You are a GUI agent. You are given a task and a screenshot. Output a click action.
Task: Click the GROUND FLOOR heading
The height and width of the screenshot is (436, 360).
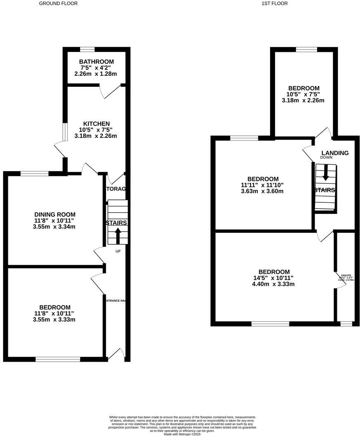pyautogui.click(x=58, y=3)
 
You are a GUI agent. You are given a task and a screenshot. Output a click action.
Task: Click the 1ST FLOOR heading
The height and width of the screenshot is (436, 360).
pyautogui.click(x=275, y=3)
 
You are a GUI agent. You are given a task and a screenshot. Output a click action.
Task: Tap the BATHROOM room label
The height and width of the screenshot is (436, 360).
pyautogui.click(x=96, y=62)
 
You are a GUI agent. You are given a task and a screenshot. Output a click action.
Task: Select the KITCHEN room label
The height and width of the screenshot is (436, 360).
pyautogui.click(x=96, y=124)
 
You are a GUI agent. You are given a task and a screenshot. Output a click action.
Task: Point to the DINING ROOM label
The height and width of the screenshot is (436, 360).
pyautogui.click(x=54, y=214)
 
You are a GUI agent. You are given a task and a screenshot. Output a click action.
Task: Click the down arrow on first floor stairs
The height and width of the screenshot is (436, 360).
pyautogui.click(x=325, y=173)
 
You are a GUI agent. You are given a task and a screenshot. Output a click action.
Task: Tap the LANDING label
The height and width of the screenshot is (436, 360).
pyautogui.click(x=335, y=153)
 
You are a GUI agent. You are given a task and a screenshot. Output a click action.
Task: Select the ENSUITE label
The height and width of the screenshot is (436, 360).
pyautogui.click(x=346, y=275)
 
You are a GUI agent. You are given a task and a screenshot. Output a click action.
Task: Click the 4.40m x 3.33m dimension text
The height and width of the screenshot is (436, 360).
pyautogui.click(x=273, y=284)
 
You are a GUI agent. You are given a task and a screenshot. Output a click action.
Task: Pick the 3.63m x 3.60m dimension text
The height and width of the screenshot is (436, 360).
pyautogui.click(x=262, y=191)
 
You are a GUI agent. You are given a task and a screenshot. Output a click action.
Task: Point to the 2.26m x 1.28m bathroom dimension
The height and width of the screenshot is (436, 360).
pyautogui.click(x=96, y=74)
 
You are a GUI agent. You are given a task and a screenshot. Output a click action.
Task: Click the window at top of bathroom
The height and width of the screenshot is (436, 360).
pyautogui.click(x=87, y=49)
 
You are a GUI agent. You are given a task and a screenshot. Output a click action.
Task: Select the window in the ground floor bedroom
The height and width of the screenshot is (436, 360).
pyautogui.click(x=57, y=359)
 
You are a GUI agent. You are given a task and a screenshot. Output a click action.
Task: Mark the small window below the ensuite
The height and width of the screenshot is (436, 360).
pyautogui.click(x=346, y=324)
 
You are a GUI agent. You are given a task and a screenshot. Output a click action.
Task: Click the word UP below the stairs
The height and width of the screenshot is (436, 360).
pyautogui.click(x=118, y=251)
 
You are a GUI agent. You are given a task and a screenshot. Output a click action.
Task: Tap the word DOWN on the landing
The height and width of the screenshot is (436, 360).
pyautogui.click(x=326, y=157)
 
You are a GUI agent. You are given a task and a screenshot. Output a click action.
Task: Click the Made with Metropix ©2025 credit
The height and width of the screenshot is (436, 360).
pyautogui.click(x=182, y=434)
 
